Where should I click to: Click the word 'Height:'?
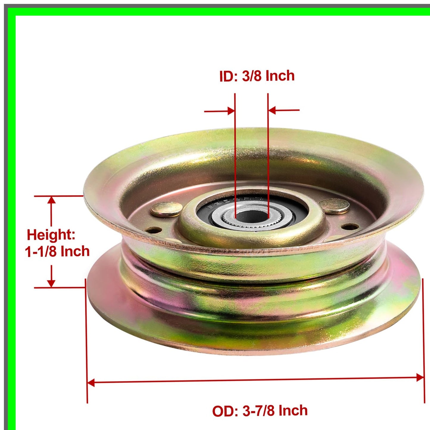(x=51, y=235)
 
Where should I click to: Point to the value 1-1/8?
(x=40, y=252)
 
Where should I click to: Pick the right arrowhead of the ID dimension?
(x=272, y=110)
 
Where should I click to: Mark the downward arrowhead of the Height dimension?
(x=51, y=284)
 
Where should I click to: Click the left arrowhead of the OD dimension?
(x=91, y=383)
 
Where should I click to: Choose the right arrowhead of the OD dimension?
(x=420, y=378)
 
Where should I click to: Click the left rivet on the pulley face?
(x=166, y=209)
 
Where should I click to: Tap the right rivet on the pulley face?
(x=334, y=205)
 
